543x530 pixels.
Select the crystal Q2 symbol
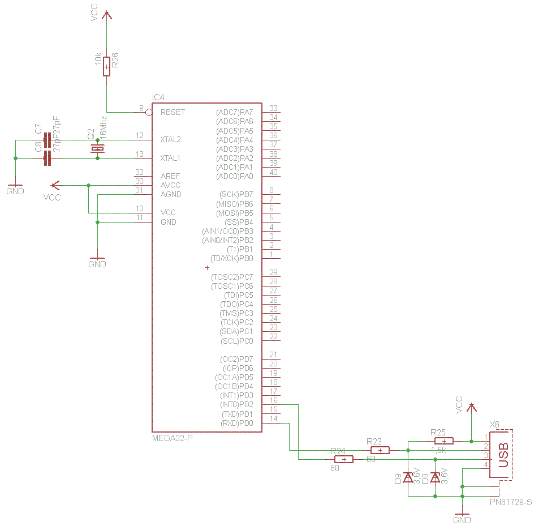pyautogui.click(x=98, y=149)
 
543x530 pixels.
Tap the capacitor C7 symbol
pyautogui.click(x=48, y=140)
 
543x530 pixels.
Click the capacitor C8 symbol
pyautogui.click(x=48, y=158)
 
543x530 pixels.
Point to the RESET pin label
pyautogui.click(x=173, y=112)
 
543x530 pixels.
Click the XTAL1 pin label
pyautogui.click(x=171, y=158)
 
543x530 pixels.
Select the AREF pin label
pyautogui.click(x=170, y=176)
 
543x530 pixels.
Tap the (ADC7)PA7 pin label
pyautogui.click(x=235, y=112)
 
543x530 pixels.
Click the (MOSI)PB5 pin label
pyautogui.click(x=234, y=213)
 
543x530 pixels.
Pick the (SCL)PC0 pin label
pyautogui.click(x=236, y=341)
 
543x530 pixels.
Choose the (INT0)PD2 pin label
pyautogui.click(x=236, y=405)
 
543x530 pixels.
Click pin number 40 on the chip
pyautogui.click(x=274, y=172)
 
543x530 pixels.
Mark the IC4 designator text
pyautogui.click(x=158, y=97)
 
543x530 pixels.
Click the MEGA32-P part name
pyautogui.click(x=173, y=438)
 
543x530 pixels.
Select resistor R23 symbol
pyautogui.click(x=380, y=450)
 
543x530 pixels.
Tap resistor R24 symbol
pyautogui.click(x=344, y=459)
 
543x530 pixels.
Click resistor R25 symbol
pyautogui.click(x=444, y=441)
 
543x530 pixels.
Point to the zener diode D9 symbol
pyautogui.click(x=408, y=477)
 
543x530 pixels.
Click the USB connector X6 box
pyautogui.click(x=501, y=455)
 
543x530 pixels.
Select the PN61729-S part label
pyautogui.click(x=511, y=502)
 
